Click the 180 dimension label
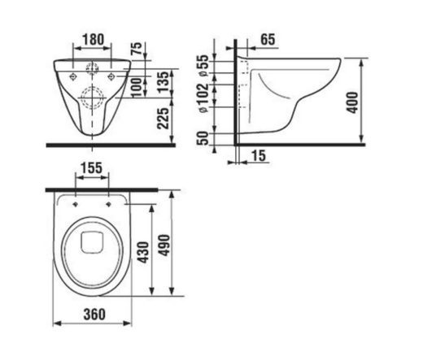pyautogui.click(x=93, y=40)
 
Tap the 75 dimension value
pyautogui.click(x=137, y=48)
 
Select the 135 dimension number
pyautogui.click(x=165, y=82)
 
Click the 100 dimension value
pyautogui.click(x=137, y=88)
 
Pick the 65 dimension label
pyautogui.click(x=268, y=39)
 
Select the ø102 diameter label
pyautogui.click(x=203, y=98)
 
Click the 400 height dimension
pyautogui.click(x=353, y=102)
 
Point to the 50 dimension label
pyautogui.click(x=203, y=138)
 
